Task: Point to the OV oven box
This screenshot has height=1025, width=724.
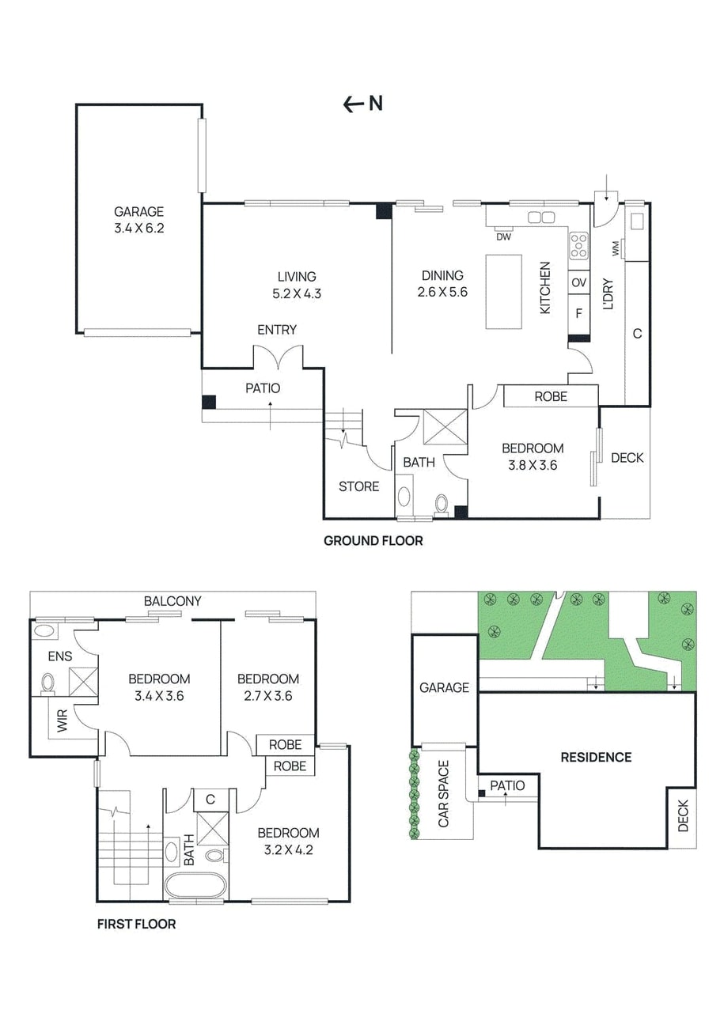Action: point(578,282)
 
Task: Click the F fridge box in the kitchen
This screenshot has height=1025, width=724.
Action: point(578,313)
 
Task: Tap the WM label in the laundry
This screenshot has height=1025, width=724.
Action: point(616,250)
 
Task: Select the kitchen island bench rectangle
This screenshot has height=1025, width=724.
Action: point(503,291)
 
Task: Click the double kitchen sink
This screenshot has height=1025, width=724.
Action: point(540,217)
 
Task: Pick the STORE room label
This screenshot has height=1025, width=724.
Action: point(359,486)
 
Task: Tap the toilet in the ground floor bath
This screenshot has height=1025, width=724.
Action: point(442,503)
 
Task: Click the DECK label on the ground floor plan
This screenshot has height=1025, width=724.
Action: point(627,458)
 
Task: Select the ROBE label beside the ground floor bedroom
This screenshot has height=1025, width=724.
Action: point(550,396)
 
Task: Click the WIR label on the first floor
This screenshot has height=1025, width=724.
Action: point(62,721)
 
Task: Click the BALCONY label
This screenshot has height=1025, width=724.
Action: point(172,602)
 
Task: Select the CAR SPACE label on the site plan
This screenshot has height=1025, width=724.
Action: point(444,794)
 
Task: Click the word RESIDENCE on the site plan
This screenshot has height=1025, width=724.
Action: point(596,757)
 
